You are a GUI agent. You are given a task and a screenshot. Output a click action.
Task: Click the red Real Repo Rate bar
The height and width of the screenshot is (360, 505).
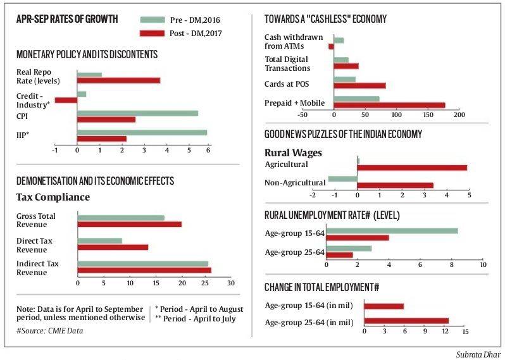click(118, 80)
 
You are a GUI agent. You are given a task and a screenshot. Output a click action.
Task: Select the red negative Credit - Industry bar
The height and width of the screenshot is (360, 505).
click(66, 100)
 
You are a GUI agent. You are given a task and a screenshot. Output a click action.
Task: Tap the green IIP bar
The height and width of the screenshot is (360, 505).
click(142, 132)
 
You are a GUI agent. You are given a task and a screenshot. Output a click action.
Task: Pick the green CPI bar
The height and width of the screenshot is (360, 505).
click(137, 113)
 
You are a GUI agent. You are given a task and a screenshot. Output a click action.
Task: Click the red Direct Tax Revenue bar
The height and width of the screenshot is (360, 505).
click(113, 247)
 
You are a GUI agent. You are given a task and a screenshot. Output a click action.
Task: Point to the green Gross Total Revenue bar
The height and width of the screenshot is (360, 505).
click(120, 218)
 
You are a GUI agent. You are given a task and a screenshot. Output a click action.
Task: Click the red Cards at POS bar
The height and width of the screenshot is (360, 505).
click(359, 85)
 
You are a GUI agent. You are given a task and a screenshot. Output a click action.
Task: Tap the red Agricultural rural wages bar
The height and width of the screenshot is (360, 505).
click(412, 168)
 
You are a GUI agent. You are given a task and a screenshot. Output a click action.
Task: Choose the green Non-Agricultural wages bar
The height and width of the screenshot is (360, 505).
click(342, 179)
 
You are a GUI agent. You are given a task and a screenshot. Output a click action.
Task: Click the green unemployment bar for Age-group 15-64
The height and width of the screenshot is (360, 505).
click(392, 231)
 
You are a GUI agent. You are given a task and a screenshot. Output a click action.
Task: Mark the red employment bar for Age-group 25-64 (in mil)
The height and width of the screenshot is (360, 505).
click(406, 321)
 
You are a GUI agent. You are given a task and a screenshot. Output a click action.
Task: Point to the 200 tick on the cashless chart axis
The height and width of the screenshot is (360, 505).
click(459, 115)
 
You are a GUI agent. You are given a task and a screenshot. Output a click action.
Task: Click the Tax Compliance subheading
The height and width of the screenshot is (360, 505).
click(53, 197)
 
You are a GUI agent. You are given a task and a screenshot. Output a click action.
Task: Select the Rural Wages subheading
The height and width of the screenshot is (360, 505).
click(293, 152)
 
